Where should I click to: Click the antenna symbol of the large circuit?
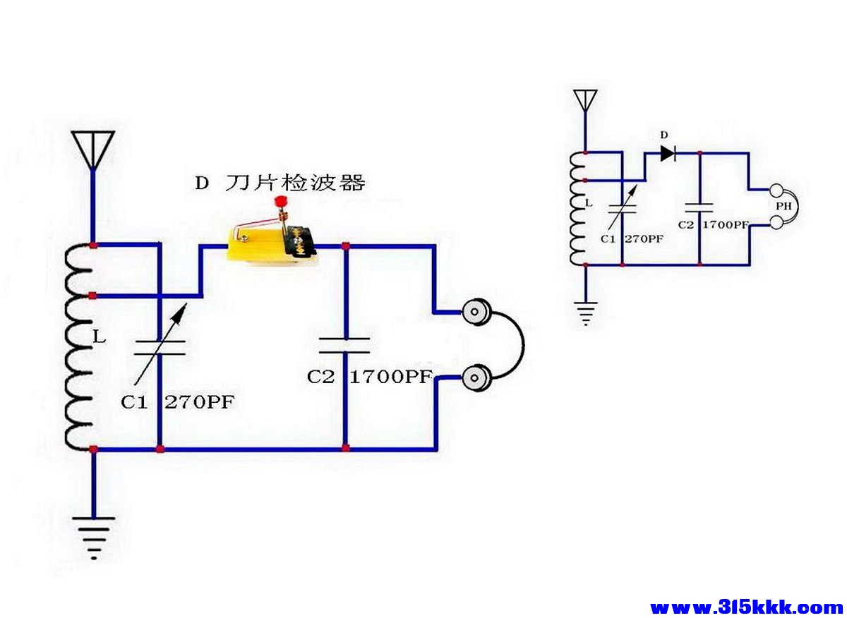(92, 149)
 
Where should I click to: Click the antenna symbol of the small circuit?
(585, 100)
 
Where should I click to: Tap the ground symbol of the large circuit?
(92, 535)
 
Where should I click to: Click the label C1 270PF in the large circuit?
(177, 403)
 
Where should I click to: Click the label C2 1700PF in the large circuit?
(369, 377)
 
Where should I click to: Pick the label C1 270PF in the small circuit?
(632, 239)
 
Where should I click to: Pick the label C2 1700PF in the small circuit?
(713, 225)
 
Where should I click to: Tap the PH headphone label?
(783, 207)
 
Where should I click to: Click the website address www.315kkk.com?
(745, 607)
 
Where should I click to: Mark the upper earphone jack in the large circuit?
(477, 311)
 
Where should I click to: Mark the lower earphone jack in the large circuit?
(477, 378)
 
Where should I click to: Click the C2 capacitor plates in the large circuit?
(344, 345)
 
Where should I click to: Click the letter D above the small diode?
(663, 134)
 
